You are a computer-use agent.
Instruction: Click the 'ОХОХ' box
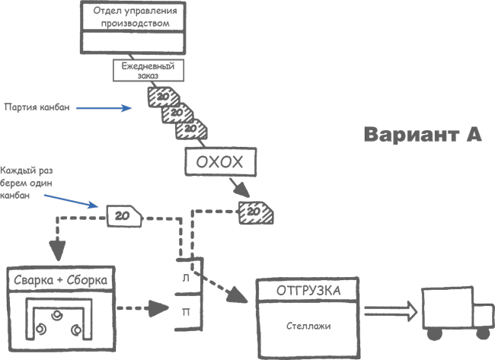click(219, 162)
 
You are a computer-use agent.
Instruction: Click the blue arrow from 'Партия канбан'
click(107, 108)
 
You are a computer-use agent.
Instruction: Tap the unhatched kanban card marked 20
click(123, 216)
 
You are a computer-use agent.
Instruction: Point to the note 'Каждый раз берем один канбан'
click(27, 183)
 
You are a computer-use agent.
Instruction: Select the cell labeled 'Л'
click(187, 279)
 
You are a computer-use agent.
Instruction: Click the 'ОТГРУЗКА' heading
click(308, 290)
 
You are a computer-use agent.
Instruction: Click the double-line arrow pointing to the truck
click(390, 311)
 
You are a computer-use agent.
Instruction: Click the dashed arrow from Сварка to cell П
click(144, 309)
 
